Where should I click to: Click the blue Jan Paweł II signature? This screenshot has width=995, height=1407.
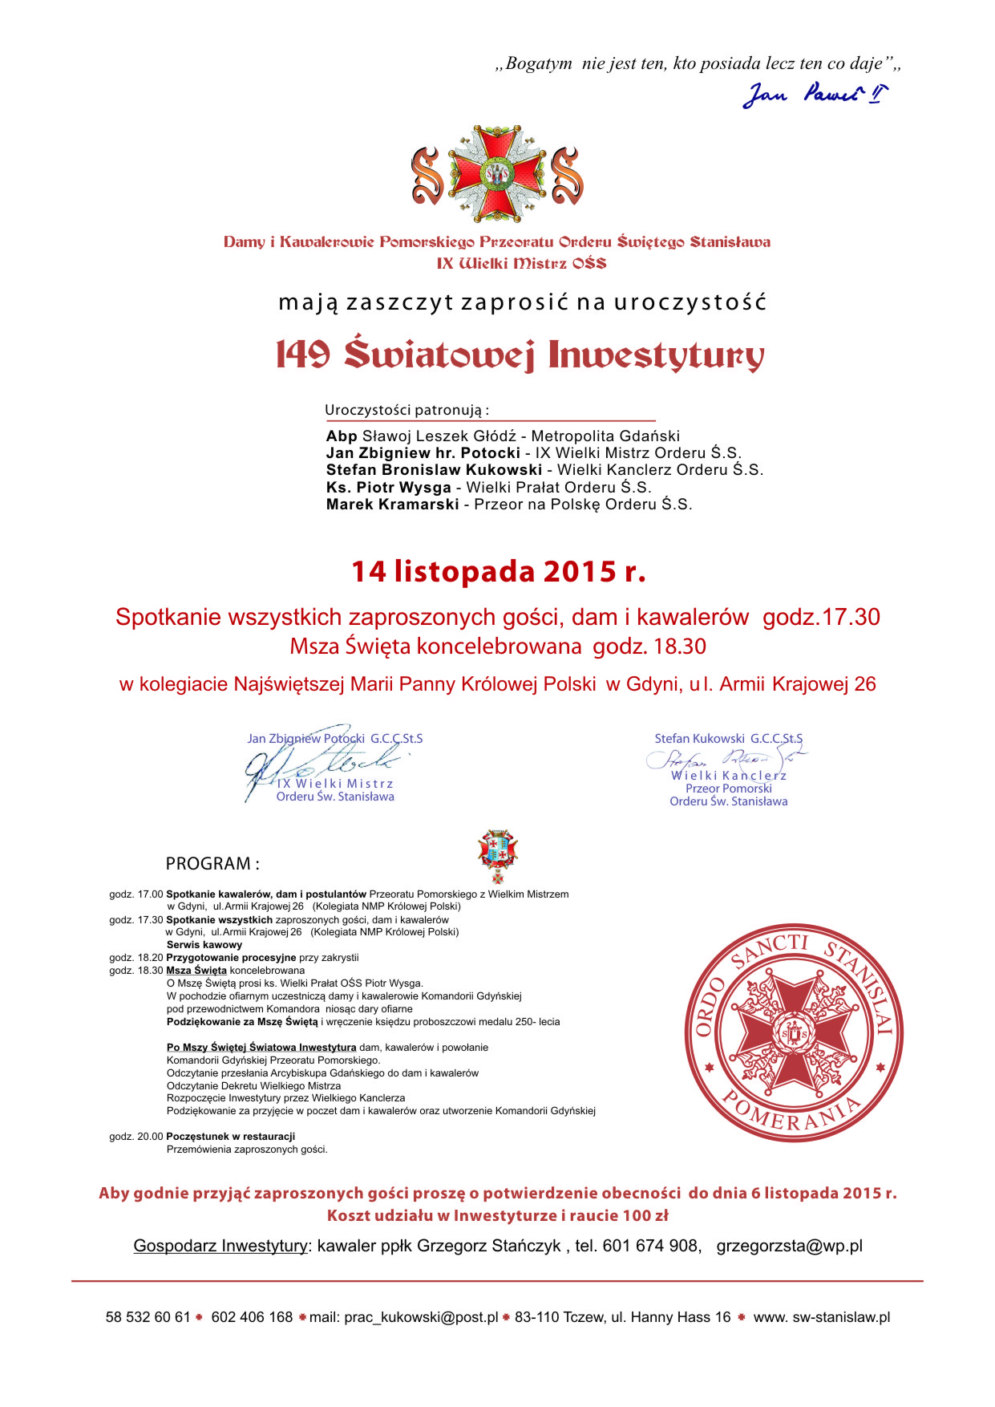[x=814, y=95]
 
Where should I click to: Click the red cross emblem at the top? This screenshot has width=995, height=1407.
[x=498, y=173]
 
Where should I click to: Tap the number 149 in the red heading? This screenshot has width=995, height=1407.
[x=303, y=355]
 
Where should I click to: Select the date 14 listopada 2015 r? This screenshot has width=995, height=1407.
[x=498, y=571]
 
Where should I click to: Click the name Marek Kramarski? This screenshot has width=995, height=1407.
[x=392, y=505]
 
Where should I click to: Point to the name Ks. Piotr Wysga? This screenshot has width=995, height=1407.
[x=388, y=488]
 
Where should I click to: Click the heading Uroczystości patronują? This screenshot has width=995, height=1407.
[x=406, y=411]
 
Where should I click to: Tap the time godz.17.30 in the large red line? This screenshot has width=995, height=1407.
[x=821, y=617]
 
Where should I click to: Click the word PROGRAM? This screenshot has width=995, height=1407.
[x=212, y=864]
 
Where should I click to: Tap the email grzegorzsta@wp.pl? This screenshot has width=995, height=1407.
[x=789, y=1246]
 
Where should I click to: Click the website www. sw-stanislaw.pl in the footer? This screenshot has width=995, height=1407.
[x=821, y=1317]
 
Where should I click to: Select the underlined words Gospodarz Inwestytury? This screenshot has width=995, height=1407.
[x=220, y=1246]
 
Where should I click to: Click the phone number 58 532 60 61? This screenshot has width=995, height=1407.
[x=148, y=1317]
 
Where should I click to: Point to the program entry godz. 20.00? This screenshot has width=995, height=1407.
[x=136, y=1137]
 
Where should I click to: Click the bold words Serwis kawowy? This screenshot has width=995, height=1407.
[x=204, y=945]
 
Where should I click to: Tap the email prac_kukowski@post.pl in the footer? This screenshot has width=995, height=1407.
[x=421, y=1317]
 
